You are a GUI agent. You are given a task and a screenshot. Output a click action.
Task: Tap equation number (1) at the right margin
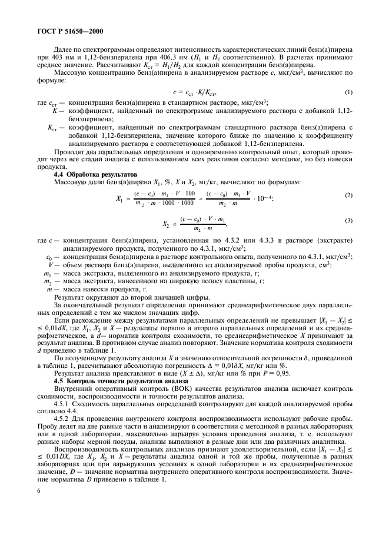coord(348,93)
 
